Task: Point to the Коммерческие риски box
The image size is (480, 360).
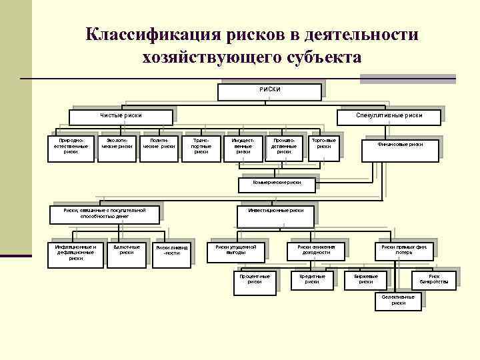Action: [277, 182]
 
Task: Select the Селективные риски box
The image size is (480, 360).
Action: [398, 300]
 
